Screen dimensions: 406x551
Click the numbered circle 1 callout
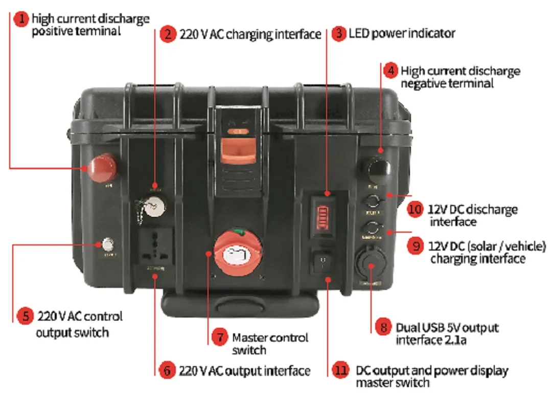coord(20,19)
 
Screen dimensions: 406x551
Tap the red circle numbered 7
coord(219,337)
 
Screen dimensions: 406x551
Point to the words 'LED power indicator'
coord(402,34)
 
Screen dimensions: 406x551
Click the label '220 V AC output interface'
coord(244,371)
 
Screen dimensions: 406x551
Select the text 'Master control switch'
coord(270,344)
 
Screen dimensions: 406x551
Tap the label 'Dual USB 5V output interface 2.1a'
coord(447,333)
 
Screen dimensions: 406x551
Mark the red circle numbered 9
coord(415,246)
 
